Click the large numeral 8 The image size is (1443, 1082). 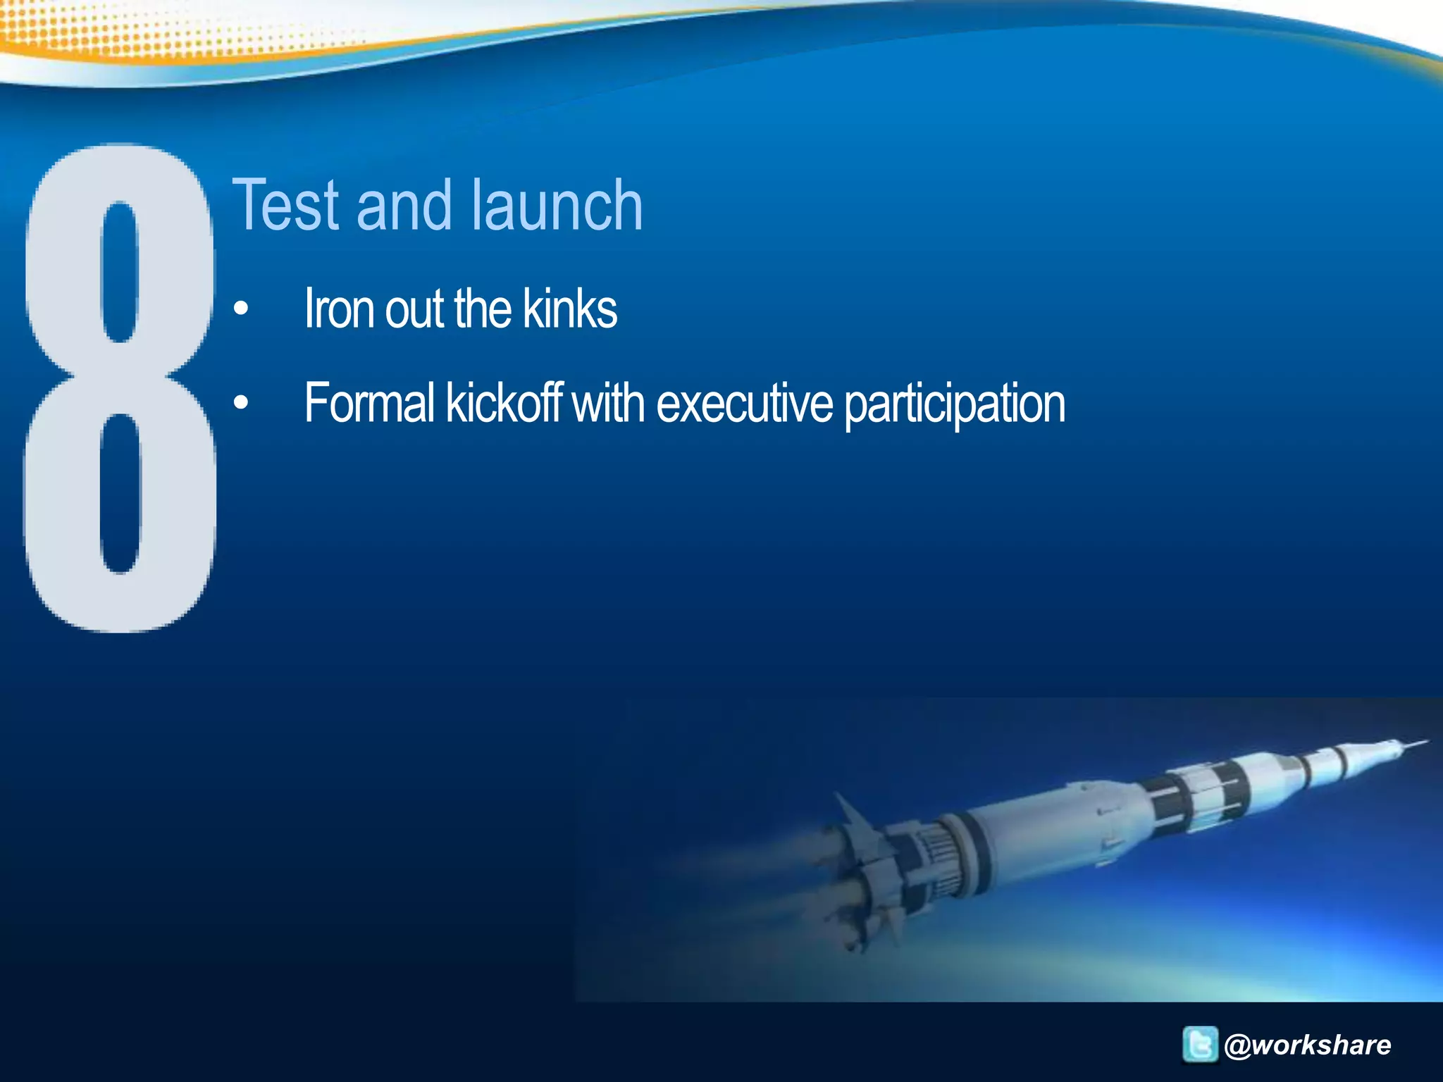click(x=120, y=387)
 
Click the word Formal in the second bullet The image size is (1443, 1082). click(x=369, y=403)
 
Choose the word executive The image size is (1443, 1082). click(x=744, y=403)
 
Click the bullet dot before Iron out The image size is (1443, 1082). click(x=241, y=309)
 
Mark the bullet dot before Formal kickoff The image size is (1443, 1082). click(x=241, y=403)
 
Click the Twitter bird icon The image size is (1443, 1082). click(x=1199, y=1044)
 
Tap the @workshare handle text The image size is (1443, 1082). click(x=1308, y=1045)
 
